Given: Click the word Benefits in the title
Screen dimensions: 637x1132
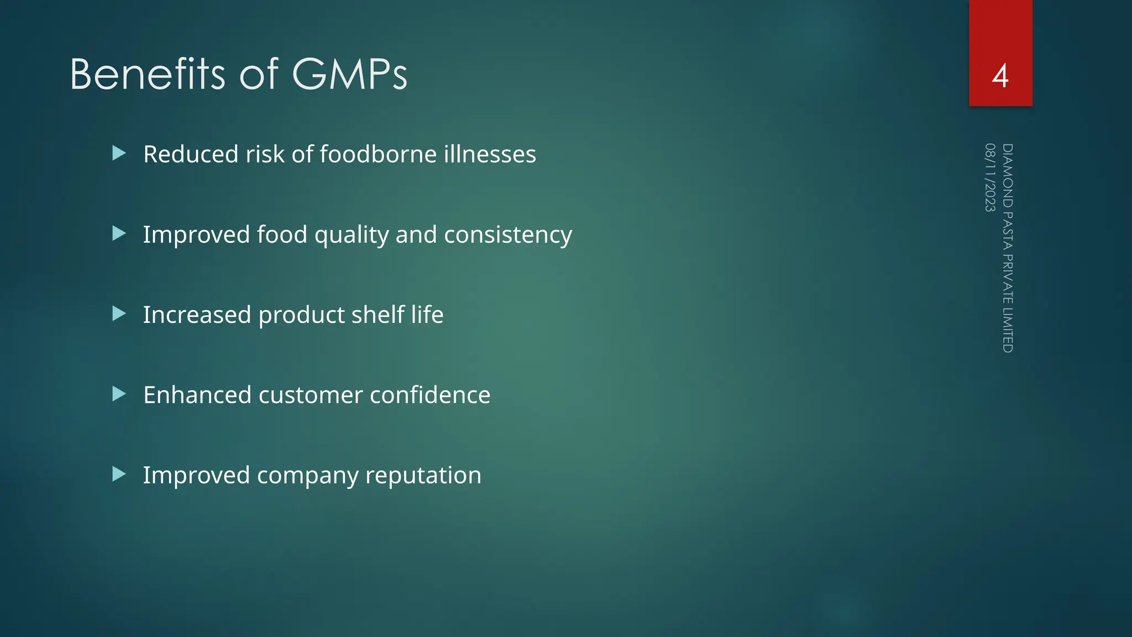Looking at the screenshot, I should coord(147,74).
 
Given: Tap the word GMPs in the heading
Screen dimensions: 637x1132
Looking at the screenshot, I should coord(349,74).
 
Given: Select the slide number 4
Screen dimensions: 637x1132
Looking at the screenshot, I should coord(1000,76).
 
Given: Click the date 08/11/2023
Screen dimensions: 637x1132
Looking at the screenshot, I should coord(990,177).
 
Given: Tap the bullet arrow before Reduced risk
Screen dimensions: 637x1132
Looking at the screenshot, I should coord(119,153).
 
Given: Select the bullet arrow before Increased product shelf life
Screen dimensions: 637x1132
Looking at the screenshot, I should coord(119,314).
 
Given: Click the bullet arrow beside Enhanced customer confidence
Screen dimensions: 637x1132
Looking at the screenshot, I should coord(119,394).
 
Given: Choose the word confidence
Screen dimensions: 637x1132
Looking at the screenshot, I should coord(430,395).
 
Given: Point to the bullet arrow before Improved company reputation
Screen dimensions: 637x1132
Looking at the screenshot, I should coord(119,474).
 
